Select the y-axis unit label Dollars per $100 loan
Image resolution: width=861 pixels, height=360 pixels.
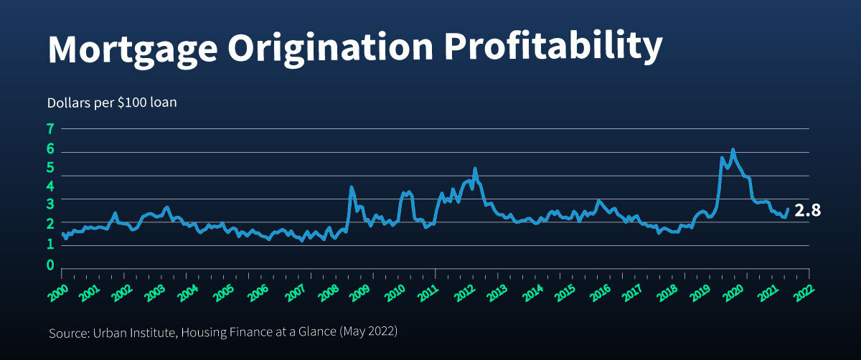click(112, 103)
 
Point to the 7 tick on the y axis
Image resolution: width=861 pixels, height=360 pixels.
click(51, 129)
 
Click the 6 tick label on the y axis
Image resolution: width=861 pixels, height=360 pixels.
click(51, 149)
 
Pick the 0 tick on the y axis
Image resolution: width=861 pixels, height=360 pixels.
click(51, 265)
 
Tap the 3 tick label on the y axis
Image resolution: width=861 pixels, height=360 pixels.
click(51, 206)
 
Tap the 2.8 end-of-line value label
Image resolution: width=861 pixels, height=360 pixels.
click(807, 211)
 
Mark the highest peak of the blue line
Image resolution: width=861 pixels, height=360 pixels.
click(733, 150)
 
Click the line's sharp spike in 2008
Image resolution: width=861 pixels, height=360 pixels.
click(351, 187)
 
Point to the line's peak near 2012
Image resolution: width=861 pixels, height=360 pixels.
click(475, 169)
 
